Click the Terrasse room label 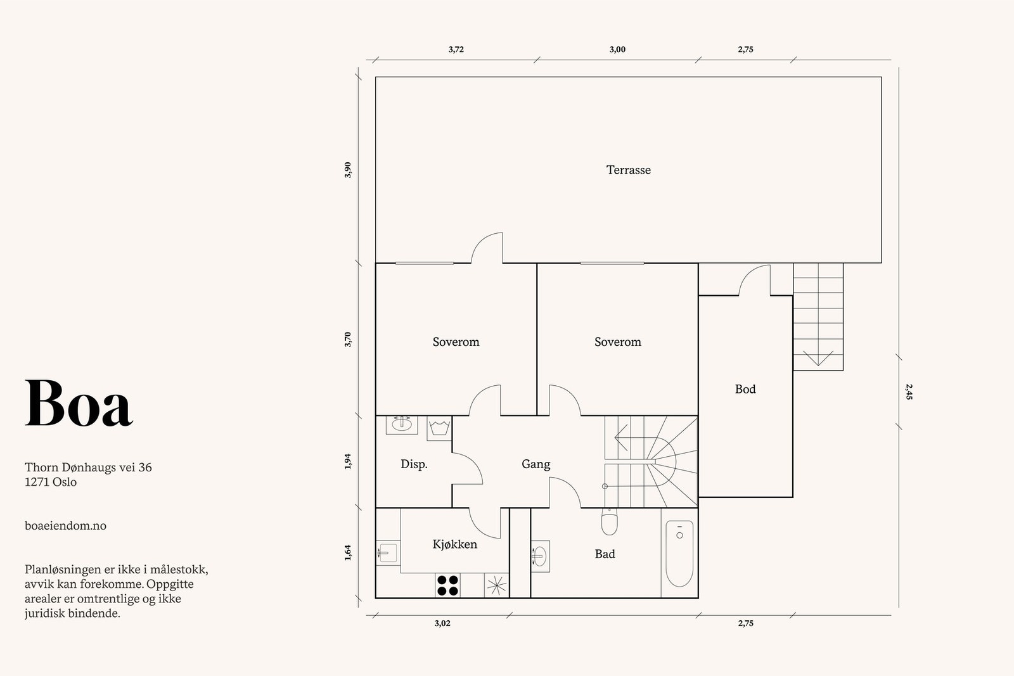(x=628, y=170)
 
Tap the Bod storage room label (x=745, y=389)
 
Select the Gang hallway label (x=536, y=464)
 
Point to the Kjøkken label (x=454, y=544)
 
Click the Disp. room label (x=414, y=464)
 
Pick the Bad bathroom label (x=605, y=554)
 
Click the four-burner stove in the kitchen (x=447, y=585)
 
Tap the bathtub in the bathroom (x=679, y=553)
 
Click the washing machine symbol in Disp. (x=439, y=428)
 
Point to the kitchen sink (x=387, y=553)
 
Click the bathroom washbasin (x=540, y=556)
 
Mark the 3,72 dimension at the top (x=456, y=49)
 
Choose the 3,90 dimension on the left (x=348, y=170)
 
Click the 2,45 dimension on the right (x=909, y=392)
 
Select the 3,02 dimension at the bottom (x=442, y=623)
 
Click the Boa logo (x=79, y=403)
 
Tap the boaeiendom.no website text (x=66, y=526)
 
